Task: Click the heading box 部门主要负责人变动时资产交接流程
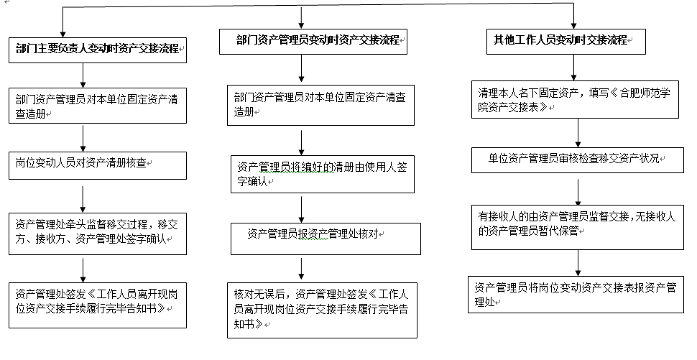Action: pos(97,50)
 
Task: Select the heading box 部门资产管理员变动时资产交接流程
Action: pos(313,42)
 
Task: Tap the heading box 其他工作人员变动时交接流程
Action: pos(566,42)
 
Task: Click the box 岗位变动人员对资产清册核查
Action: pos(97,166)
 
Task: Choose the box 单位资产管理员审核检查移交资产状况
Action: pos(578,160)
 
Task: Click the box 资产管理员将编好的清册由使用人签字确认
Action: pos(323,174)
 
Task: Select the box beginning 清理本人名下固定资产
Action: pos(575,100)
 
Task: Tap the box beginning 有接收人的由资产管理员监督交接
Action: pos(578,228)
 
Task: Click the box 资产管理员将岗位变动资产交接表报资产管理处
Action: pos(576,294)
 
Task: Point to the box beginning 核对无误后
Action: pos(322,310)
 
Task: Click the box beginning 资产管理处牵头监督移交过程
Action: pos(97,234)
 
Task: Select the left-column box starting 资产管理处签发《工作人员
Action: pos(97,305)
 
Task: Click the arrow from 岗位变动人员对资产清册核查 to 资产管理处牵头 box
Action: pos(83,199)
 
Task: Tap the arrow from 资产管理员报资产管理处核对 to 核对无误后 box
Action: pos(301,269)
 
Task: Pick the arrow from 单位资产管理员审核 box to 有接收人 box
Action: pos(578,192)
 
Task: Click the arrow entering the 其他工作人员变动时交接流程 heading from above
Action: pos(573,17)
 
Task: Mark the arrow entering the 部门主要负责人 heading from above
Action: pos(63,22)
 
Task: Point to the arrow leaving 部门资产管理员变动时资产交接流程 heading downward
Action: pos(301,68)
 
